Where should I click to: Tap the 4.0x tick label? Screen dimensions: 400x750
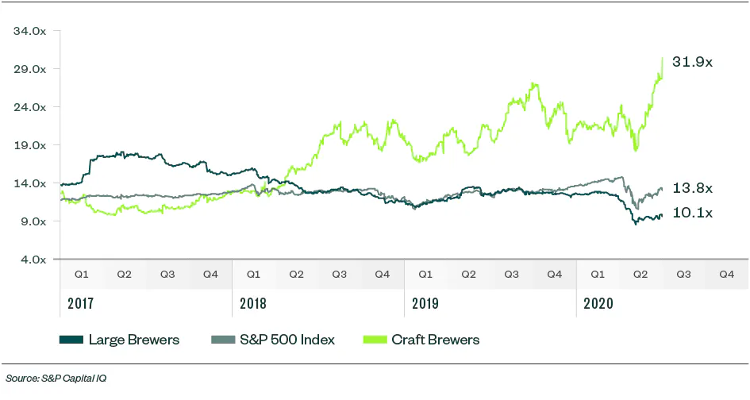[34, 260]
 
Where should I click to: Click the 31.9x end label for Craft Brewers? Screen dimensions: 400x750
[692, 61]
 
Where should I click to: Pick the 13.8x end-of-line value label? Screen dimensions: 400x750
[692, 188]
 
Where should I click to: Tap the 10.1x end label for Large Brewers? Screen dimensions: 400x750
[692, 213]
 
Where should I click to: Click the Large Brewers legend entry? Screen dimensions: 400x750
[133, 340]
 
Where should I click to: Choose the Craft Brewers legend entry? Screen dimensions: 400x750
[435, 340]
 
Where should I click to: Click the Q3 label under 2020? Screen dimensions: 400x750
[683, 274]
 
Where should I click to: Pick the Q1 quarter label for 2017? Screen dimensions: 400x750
[82, 274]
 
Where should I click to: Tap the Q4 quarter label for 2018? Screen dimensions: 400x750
[382, 274]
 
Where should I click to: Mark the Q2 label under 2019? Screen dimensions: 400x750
[468, 274]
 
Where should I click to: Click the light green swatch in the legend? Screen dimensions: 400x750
[375, 340]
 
